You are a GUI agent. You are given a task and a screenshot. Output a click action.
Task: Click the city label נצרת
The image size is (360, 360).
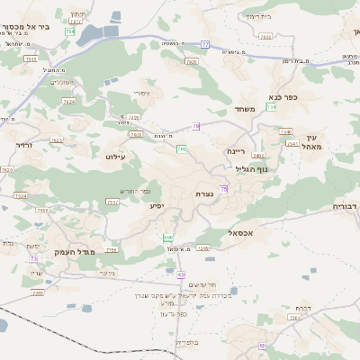pyautogui.click(x=204, y=193)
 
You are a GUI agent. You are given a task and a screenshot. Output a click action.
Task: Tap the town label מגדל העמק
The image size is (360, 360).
pyautogui.click(x=75, y=252)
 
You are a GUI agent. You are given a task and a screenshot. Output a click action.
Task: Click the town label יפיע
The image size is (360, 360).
pyautogui.click(x=157, y=207)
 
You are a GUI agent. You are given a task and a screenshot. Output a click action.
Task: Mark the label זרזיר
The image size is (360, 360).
pyautogui.click(x=23, y=144)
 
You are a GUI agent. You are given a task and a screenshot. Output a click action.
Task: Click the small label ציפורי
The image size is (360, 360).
pyautogui.click(x=141, y=93)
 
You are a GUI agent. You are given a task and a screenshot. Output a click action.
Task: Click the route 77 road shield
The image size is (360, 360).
pyautogui.click(x=205, y=44)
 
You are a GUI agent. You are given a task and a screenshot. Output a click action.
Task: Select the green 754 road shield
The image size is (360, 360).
pyautogui.click(x=70, y=31)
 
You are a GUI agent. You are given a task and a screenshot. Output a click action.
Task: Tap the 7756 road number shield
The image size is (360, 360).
pyautogui.click(x=112, y=250)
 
